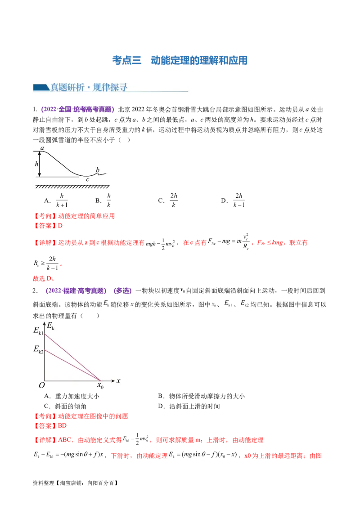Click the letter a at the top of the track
pyautogui.click(x=42, y=148)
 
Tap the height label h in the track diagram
pyautogui.click(x=36, y=164)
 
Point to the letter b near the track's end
pyautogui.click(x=98, y=170)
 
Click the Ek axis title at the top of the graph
pyautogui.click(x=51, y=327)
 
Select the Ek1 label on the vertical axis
pyautogui.click(x=38, y=332)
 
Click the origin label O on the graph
pyautogui.click(x=41, y=385)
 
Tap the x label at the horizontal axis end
pyautogui.click(x=118, y=381)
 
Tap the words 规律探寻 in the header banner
pyautogui.click(x=110, y=87)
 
